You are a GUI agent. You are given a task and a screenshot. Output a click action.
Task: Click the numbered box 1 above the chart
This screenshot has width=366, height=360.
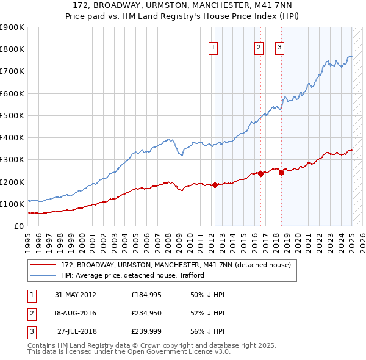(213, 48)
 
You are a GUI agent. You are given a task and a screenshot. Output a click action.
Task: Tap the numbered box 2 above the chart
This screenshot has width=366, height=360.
(259, 48)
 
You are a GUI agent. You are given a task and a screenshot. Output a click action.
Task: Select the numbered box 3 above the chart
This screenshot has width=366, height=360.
(279, 48)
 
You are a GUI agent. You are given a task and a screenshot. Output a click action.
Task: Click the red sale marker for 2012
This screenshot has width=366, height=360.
(215, 185)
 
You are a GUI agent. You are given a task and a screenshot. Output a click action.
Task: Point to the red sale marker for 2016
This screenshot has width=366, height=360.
(260, 174)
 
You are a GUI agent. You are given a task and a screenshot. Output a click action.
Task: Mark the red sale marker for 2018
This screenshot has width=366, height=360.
(282, 173)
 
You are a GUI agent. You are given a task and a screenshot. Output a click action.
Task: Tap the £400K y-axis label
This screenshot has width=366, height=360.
(12, 138)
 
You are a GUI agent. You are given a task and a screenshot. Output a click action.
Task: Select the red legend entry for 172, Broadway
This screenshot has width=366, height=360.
(176, 265)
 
